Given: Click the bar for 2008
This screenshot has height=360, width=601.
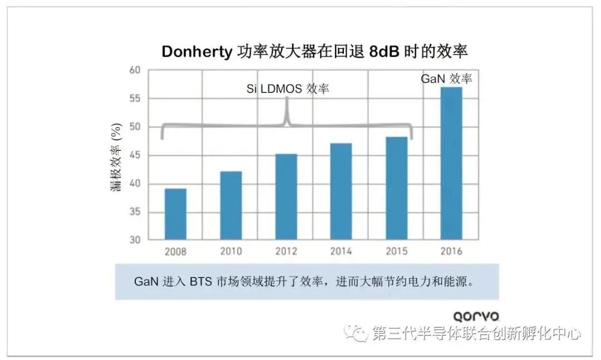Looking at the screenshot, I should (x=175, y=214).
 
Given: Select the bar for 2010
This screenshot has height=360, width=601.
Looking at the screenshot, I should (x=230, y=206).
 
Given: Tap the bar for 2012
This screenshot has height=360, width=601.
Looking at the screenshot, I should (x=286, y=197).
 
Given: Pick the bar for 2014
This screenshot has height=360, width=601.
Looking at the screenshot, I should (x=341, y=192).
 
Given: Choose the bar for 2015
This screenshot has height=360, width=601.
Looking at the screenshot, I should (x=396, y=189).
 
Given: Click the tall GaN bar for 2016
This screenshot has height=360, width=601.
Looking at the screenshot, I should (x=451, y=164).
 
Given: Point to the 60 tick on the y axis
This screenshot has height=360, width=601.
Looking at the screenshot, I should (x=136, y=70).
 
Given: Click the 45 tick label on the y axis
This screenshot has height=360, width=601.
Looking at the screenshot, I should (x=136, y=155).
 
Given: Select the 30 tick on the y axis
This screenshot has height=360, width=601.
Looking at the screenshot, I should (x=136, y=240).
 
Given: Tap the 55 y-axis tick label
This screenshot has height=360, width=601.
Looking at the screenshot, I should (x=136, y=98).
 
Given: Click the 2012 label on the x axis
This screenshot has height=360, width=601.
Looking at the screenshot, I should (x=286, y=251).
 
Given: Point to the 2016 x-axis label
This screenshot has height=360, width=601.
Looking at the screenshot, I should (x=451, y=251).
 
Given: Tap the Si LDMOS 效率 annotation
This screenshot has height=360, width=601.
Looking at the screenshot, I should (x=288, y=89).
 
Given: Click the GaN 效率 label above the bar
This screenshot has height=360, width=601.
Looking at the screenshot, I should (x=446, y=79).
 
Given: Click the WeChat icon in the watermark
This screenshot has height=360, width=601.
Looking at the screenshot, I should (x=356, y=333).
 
